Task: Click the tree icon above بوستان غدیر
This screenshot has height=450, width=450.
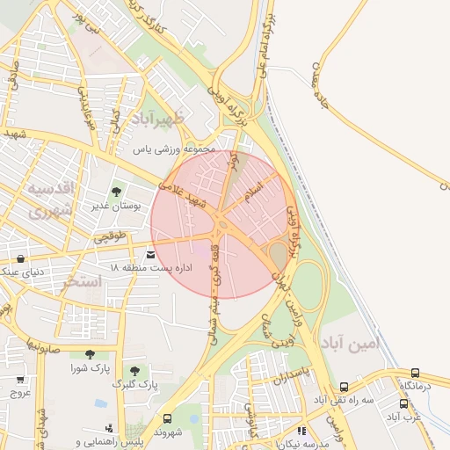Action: click(x=116, y=192)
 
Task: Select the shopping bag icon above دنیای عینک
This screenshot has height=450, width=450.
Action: click(x=20, y=258)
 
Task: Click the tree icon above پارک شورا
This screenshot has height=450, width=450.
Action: click(x=89, y=354)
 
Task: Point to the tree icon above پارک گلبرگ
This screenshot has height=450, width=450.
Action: click(x=134, y=371)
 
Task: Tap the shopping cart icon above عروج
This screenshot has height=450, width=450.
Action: click(x=20, y=380)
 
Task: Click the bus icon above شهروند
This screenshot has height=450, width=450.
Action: click(x=167, y=418)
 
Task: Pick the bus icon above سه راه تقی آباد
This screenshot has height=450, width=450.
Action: click(x=344, y=387)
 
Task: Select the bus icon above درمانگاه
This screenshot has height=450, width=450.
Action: click(x=415, y=374)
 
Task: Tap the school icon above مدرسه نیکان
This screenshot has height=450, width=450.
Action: click(x=302, y=432)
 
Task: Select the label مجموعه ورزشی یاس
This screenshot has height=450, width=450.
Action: click(x=174, y=149)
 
